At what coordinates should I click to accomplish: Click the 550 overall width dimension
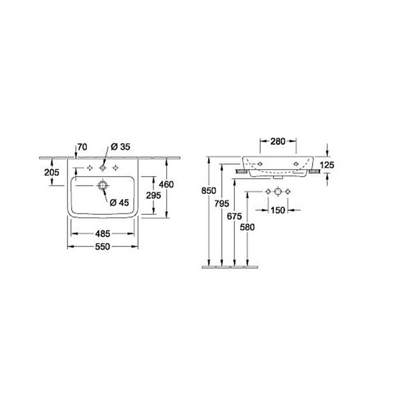103,246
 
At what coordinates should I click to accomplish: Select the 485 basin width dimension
103,233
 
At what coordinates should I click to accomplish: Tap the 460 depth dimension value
167,184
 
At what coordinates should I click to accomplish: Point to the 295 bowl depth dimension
154,195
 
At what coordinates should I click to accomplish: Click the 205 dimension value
52,172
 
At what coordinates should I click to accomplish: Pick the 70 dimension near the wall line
82,147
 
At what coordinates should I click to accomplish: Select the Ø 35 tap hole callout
121,147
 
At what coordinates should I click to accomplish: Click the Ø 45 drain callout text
120,202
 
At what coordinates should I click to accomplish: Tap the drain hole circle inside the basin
103,186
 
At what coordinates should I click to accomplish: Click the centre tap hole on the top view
103,168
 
